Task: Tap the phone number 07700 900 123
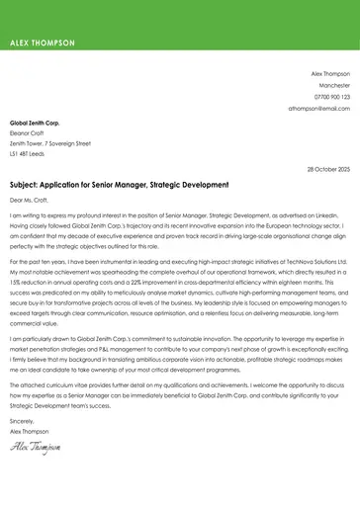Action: click(331, 97)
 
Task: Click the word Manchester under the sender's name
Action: click(332, 86)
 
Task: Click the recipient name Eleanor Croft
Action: click(27, 131)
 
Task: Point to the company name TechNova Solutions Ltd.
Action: click(315, 261)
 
